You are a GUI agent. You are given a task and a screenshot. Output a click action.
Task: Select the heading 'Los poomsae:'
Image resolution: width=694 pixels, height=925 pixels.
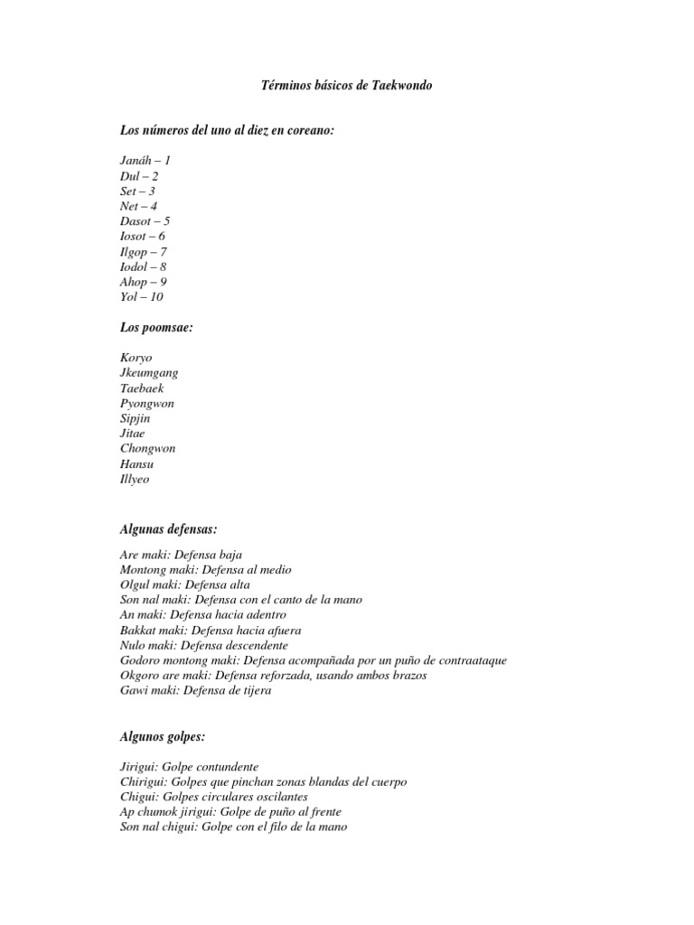tap(156, 327)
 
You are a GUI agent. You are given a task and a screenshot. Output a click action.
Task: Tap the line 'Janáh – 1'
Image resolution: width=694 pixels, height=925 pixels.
tap(145, 160)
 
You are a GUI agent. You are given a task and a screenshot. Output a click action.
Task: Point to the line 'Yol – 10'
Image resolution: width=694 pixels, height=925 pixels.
tap(142, 296)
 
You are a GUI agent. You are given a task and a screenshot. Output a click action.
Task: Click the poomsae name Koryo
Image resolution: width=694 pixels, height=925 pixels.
tap(136, 358)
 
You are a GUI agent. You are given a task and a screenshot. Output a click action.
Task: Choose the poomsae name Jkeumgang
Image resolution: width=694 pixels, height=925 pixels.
tap(149, 373)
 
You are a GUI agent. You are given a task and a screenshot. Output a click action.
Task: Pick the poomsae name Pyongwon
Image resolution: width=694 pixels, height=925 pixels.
tap(147, 403)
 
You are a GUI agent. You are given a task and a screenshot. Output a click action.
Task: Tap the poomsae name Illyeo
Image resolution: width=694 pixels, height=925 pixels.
tap(135, 479)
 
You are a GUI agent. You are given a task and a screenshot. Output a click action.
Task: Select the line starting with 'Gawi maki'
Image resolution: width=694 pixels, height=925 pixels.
tap(195, 691)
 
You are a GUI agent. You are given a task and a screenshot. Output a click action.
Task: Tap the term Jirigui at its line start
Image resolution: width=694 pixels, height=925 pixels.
tap(138, 766)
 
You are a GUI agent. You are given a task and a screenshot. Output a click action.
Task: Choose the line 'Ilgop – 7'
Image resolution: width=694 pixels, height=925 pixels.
tap(144, 251)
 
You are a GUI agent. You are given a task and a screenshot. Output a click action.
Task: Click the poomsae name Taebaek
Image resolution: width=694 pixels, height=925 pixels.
tap(143, 388)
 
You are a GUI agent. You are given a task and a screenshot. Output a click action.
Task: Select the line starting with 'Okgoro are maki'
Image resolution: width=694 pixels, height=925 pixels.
tap(273, 676)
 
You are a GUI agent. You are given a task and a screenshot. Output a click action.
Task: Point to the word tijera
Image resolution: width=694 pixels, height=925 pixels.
tap(256, 691)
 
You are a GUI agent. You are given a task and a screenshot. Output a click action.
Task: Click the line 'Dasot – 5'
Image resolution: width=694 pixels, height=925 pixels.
tap(145, 220)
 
